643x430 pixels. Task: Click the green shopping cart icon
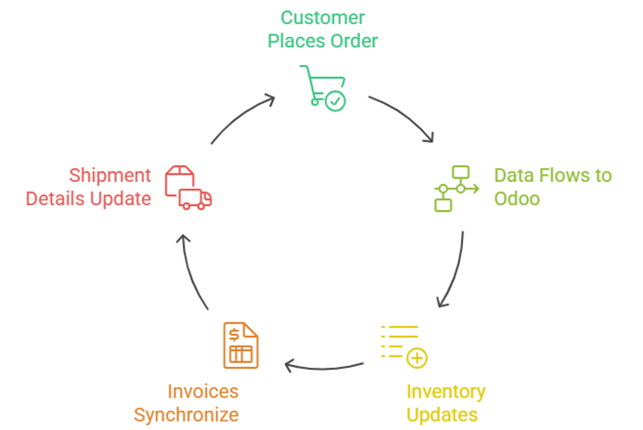pos(322,87)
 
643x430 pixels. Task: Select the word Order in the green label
pos(352,41)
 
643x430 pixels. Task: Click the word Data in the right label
pos(513,176)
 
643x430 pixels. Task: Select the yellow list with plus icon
pos(405,345)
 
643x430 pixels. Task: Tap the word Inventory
pos(445,391)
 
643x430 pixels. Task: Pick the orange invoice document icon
pos(240,345)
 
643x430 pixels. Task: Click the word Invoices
pos(203,391)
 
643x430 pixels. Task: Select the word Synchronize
pos(186,414)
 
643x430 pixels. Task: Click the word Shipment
pos(109,176)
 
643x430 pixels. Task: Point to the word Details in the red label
pos(58,199)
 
